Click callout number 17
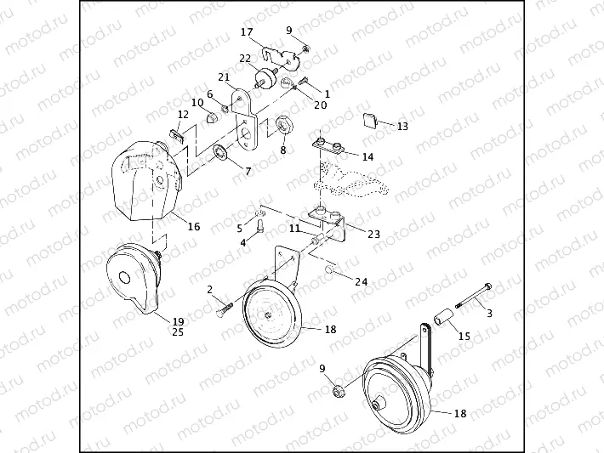pos(247,32)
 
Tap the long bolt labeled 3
pos(473,296)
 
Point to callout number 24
pos(361,281)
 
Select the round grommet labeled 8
pos(285,125)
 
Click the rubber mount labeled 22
pos(265,77)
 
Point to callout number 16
pos(194,226)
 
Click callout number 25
pos(178,331)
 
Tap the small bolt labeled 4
pos(260,224)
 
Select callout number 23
pos(373,234)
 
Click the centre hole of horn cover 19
pos(125,278)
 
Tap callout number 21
pos(224,77)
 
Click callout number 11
pos(294,229)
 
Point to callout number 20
pos(321,105)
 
